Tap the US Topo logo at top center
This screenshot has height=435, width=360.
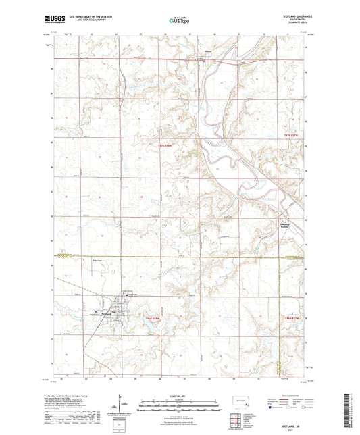[x=180, y=20]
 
